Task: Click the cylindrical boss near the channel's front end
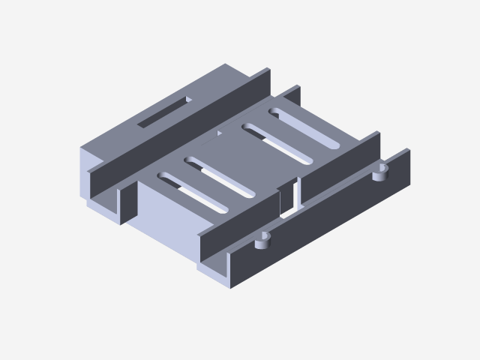262,241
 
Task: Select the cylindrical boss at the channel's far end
382,174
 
